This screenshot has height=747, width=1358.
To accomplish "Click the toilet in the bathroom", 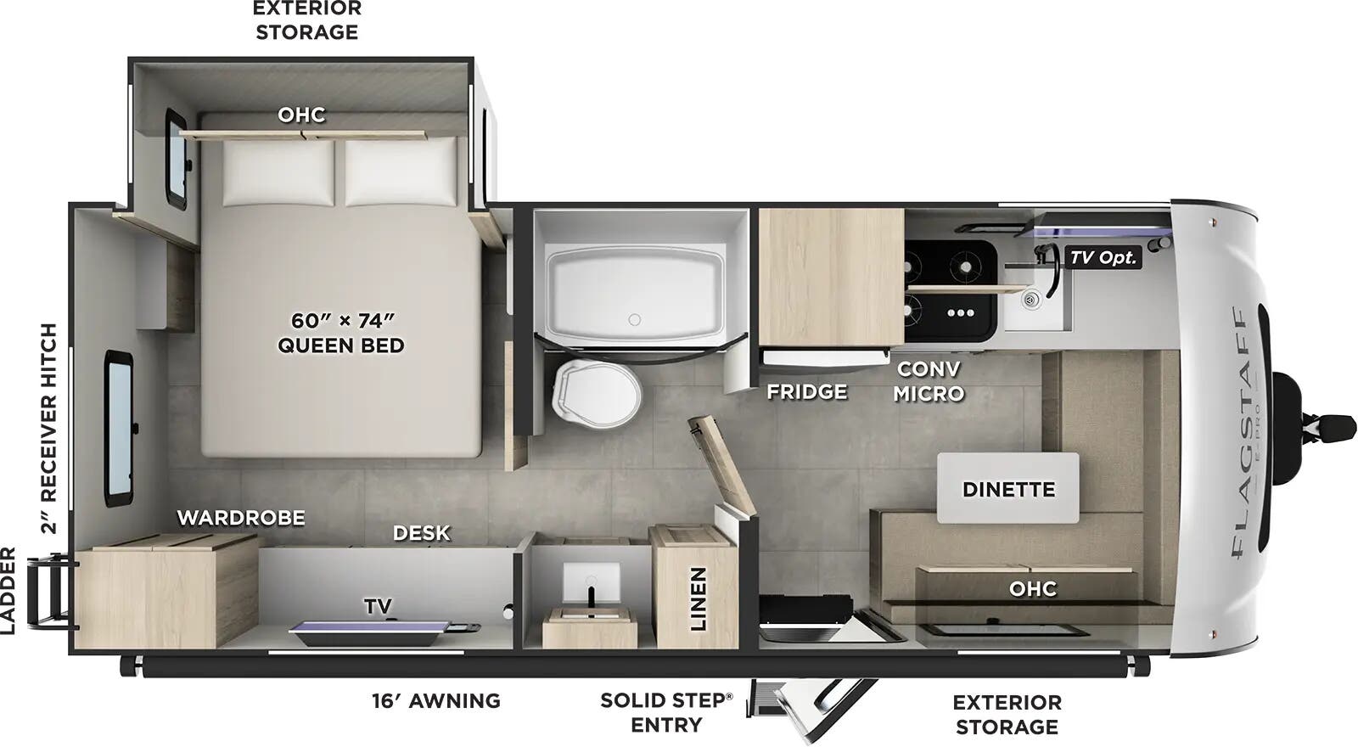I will point(596,391).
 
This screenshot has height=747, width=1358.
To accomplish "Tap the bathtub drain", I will point(634,320).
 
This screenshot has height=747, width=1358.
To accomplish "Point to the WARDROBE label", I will point(241,517).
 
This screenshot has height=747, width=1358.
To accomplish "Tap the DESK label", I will point(421,532).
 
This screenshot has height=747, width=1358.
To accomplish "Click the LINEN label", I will point(698,599).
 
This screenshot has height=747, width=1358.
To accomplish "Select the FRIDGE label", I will point(806,391).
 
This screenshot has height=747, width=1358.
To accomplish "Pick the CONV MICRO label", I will point(928,381).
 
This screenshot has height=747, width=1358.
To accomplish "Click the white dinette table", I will point(1007,488).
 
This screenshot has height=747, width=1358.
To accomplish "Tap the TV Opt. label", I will point(1103,257).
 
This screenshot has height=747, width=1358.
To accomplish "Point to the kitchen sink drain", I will point(1031,300).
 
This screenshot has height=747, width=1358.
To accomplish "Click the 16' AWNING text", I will point(435,701).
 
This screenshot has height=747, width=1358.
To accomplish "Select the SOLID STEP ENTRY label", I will point(665,712).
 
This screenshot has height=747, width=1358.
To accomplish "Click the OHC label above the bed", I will point(301,114).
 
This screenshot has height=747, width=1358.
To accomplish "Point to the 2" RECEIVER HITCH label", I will point(50,429).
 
